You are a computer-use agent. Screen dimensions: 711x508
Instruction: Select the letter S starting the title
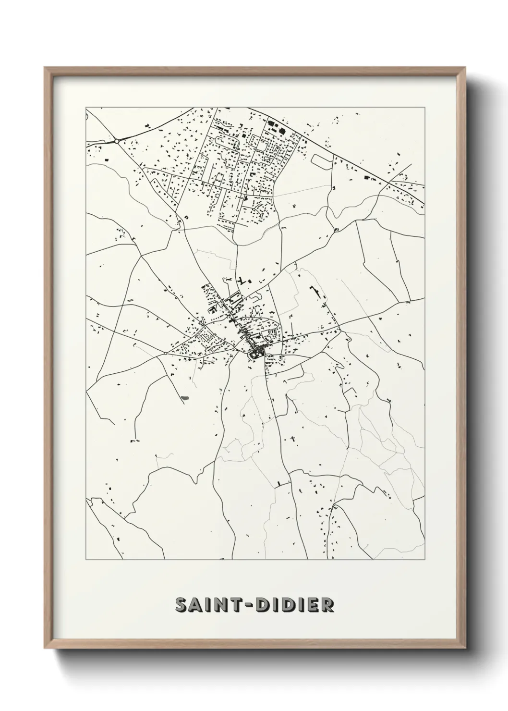click(181, 605)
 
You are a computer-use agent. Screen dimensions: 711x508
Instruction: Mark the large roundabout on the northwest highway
click(117, 141)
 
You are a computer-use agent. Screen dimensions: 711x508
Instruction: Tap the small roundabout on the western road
click(165, 353)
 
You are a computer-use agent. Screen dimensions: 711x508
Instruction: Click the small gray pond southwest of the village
click(184, 397)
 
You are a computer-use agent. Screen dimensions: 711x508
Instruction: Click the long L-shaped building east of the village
click(317, 294)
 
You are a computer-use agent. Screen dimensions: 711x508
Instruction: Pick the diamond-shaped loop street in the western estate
click(207, 335)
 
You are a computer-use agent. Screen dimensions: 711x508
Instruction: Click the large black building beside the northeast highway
click(369, 178)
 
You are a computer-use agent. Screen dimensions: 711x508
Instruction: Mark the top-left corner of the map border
click(86, 107)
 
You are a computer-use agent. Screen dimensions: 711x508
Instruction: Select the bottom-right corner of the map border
click(425, 559)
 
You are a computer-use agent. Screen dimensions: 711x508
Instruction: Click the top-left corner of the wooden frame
click(45, 67)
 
